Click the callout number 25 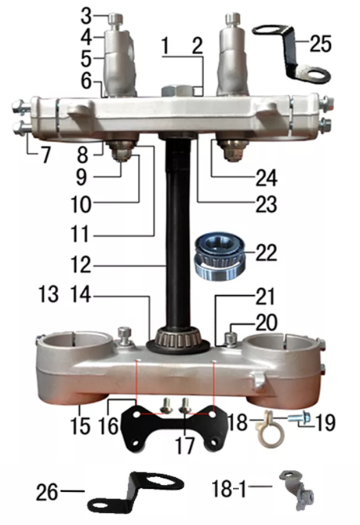coord(320,44)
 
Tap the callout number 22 coord(267,253)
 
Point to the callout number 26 coord(47,492)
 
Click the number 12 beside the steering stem coord(81,265)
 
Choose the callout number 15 coord(81,426)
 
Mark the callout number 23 coord(267,204)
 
